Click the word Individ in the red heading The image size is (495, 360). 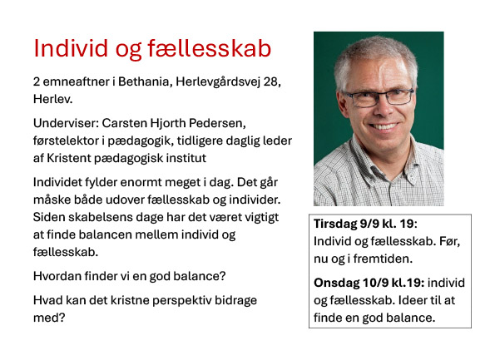pos(71,48)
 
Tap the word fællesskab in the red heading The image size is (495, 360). pos(210,48)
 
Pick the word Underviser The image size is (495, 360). pos(66,123)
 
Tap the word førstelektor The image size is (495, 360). pos(66,141)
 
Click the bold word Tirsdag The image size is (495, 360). pos(335,224)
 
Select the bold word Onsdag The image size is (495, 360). pos(337,283)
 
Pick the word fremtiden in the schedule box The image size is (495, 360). pos(383,259)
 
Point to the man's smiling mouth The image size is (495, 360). pos(384,126)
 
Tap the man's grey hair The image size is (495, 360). pos(376,51)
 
